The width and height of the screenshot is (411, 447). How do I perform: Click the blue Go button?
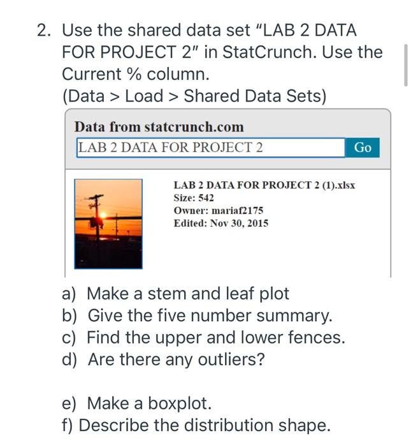click(x=362, y=148)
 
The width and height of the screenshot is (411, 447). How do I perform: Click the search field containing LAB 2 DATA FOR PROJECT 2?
click(x=210, y=148)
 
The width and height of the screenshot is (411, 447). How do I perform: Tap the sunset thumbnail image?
click(x=108, y=223)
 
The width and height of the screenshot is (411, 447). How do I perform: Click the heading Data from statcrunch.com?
click(x=159, y=127)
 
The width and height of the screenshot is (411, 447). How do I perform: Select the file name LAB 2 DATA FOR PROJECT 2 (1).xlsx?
click(x=264, y=185)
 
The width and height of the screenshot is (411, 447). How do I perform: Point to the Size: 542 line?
click(x=194, y=198)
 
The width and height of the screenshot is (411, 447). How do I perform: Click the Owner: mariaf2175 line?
click(x=218, y=210)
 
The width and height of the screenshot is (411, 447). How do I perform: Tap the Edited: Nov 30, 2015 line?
click(x=220, y=223)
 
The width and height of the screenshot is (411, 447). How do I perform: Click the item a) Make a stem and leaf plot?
click(x=175, y=294)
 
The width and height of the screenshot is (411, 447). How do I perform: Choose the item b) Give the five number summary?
click(x=197, y=315)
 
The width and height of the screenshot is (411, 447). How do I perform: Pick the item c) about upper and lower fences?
click(x=203, y=338)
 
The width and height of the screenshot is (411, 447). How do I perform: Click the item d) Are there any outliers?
click(x=163, y=360)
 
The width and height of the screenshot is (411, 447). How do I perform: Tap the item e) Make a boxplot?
click(x=136, y=404)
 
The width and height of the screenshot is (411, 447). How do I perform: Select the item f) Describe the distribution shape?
click(x=196, y=425)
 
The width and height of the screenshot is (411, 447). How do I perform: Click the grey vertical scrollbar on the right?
click(x=405, y=64)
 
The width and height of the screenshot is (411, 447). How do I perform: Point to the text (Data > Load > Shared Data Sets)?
click(x=194, y=96)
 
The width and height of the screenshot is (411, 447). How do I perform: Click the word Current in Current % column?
click(x=101, y=74)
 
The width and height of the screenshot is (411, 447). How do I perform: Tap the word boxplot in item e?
click(x=179, y=404)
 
